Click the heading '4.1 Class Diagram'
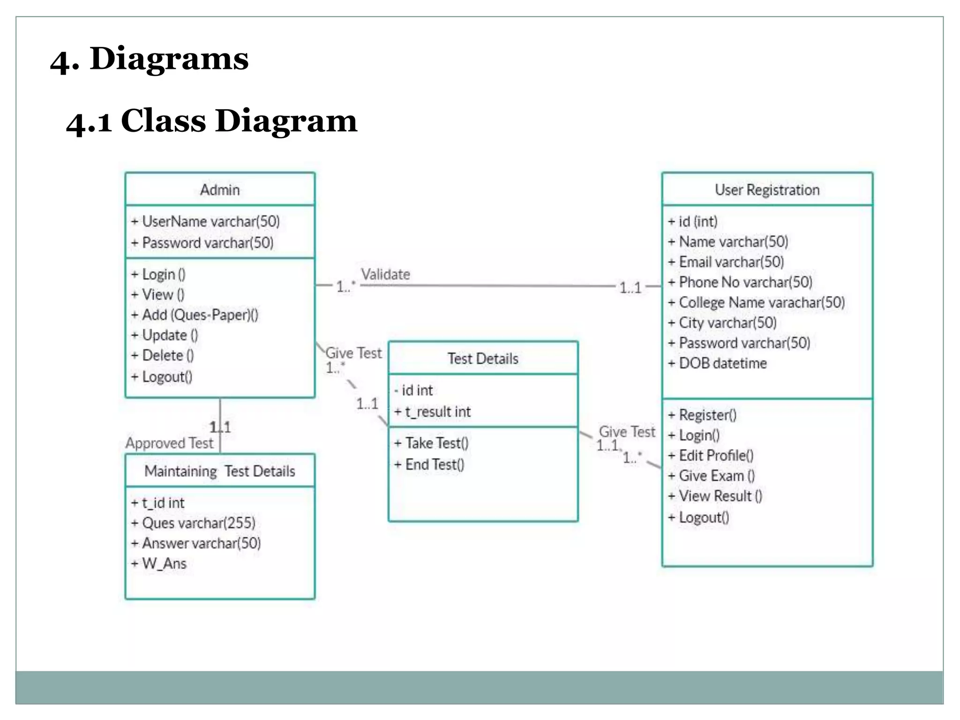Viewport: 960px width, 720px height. pos(211,121)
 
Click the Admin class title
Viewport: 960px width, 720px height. pos(220,190)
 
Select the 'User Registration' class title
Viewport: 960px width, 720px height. pos(767,190)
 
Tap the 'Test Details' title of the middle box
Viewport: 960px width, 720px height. pos(483,359)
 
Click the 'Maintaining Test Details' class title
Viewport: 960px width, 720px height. pos(220,471)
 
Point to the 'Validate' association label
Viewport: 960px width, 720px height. pos(385,274)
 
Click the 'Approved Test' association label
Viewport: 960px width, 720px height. pos(169,443)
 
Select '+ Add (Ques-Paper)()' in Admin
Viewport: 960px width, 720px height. pos(195,315)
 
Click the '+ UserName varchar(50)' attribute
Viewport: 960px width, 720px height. pos(205,221)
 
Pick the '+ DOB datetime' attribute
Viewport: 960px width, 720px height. pos(718,363)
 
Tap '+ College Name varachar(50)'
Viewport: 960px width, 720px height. pos(757,302)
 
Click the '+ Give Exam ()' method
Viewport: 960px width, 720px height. pos(711,476)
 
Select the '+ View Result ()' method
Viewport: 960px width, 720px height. pos(715,496)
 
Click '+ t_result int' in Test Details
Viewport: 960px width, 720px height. pos(432,412)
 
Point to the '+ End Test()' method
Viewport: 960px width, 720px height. pos(429,465)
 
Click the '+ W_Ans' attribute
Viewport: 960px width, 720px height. pos(159,563)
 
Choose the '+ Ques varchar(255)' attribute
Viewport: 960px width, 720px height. pos(193,523)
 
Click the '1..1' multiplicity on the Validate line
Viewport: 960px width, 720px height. pos(630,287)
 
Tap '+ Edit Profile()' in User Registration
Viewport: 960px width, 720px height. pos(711,456)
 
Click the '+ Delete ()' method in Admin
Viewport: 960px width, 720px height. pos(162,355)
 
